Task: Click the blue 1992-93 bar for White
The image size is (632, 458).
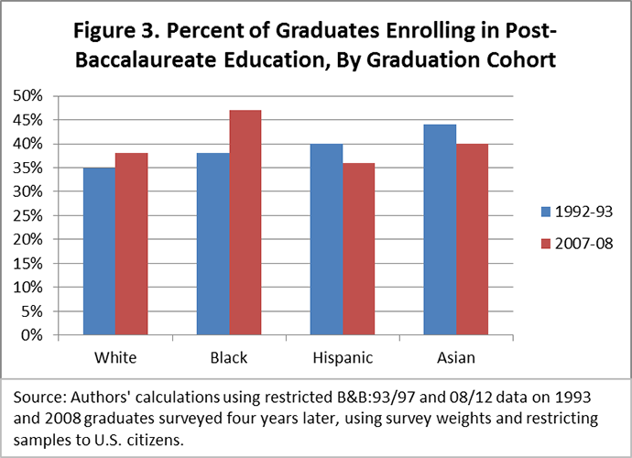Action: click(100, 251)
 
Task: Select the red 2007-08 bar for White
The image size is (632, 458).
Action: click(131, 244)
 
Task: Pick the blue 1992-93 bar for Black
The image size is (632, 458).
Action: click(213, 244)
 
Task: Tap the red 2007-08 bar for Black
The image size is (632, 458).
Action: click(245, 223)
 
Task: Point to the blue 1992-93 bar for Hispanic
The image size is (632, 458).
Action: click(326, 239)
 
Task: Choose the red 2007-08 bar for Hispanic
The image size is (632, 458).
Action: click(359, 249)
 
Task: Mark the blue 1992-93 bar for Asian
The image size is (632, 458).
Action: click(441, 230)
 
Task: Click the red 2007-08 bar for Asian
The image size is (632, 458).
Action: click(472, 239)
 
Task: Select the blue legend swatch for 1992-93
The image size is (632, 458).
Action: click(546, 212)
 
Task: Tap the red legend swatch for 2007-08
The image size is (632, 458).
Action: click(546, 244)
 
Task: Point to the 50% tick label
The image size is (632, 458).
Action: click(27, 96)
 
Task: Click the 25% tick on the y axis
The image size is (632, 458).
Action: click(27, 215)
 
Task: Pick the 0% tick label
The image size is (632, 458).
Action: click(32, 335)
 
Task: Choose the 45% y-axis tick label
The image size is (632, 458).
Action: click(27, 120)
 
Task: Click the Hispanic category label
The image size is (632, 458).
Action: click(343, 358)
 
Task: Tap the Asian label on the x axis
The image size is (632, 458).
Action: click(456, 357)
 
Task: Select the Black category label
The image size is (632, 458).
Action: click(229, 357)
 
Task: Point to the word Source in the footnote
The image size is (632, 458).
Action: click(36, 398)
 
